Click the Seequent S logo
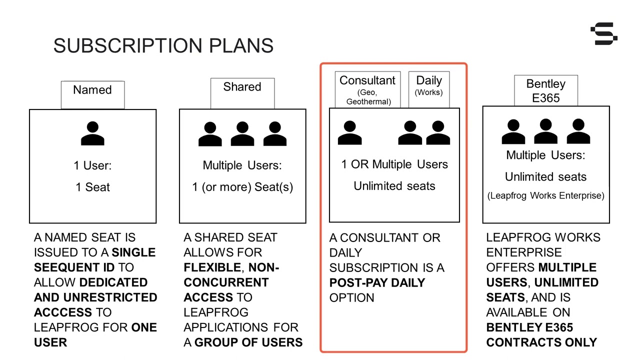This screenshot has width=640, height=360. [x=603, y=33]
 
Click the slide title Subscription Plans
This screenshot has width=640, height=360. [x=163, y=45]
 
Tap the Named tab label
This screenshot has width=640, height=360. [x=92, y=90]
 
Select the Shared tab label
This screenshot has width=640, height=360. [x=242, y=87]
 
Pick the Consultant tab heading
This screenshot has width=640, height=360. [x=367, y=80]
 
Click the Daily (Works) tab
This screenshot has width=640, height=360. [x=429, y=89]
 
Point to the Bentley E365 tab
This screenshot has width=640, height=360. [x=545, y=90]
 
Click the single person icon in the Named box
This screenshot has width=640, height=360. [x=92, y=133]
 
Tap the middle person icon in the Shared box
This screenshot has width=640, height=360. [x=242, y=133]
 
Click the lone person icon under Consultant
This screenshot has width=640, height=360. [x=349, y=132]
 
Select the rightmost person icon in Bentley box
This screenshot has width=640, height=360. [x=578, y=131]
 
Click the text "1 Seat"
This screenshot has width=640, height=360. [x=92, y=187]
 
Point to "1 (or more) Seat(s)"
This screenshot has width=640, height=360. [x=242, y=187]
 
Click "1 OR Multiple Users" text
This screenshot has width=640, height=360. [x=394, y=164]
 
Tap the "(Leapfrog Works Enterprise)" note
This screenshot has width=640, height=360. [x=545, y=195]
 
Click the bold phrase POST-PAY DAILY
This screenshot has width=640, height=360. [x=377, y=283]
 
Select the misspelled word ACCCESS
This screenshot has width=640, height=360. [x=63, y=312]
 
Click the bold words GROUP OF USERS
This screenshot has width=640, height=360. [x=248, y=342]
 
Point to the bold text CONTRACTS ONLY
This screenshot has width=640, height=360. [x=541, y=342]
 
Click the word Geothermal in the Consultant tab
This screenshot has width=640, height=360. [x=368, y=101]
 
